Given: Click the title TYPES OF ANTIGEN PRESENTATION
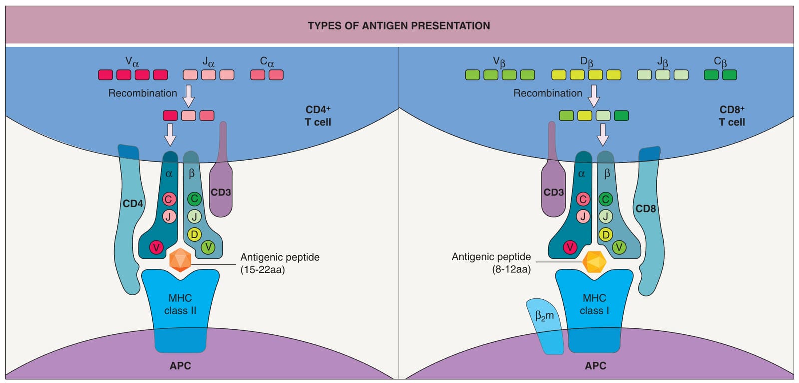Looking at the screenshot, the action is pos(399,26).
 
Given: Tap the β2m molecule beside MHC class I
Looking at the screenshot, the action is pos(545,326).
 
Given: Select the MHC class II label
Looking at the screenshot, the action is pos(180,304).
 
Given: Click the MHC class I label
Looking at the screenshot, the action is pos(594,304).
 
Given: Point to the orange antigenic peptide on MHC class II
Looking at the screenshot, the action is pos(180,260).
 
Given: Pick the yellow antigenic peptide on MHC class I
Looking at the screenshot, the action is pos(594,262).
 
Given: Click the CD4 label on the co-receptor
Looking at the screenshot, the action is pos(133,204).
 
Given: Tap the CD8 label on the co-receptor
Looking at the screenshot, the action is pos(646,209).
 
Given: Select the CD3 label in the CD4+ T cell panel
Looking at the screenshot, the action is pos(220,192).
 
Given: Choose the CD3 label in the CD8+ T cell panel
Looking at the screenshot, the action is pos(554,192).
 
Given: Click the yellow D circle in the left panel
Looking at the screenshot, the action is pos(194,234).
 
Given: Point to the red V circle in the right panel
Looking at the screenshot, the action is pos(570,247).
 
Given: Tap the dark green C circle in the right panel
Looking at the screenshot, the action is pos(605,199).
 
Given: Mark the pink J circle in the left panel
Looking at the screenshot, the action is pos(169,216).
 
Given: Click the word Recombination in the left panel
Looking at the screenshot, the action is pos(143,93).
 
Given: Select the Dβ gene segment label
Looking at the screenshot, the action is pos(587,62).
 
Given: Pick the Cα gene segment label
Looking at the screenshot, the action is pos(267,62).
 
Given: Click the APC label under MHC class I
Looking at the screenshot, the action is pos(595,366).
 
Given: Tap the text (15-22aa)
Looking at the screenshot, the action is pos(263,270).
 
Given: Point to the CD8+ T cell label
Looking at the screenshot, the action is pos(732,116).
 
